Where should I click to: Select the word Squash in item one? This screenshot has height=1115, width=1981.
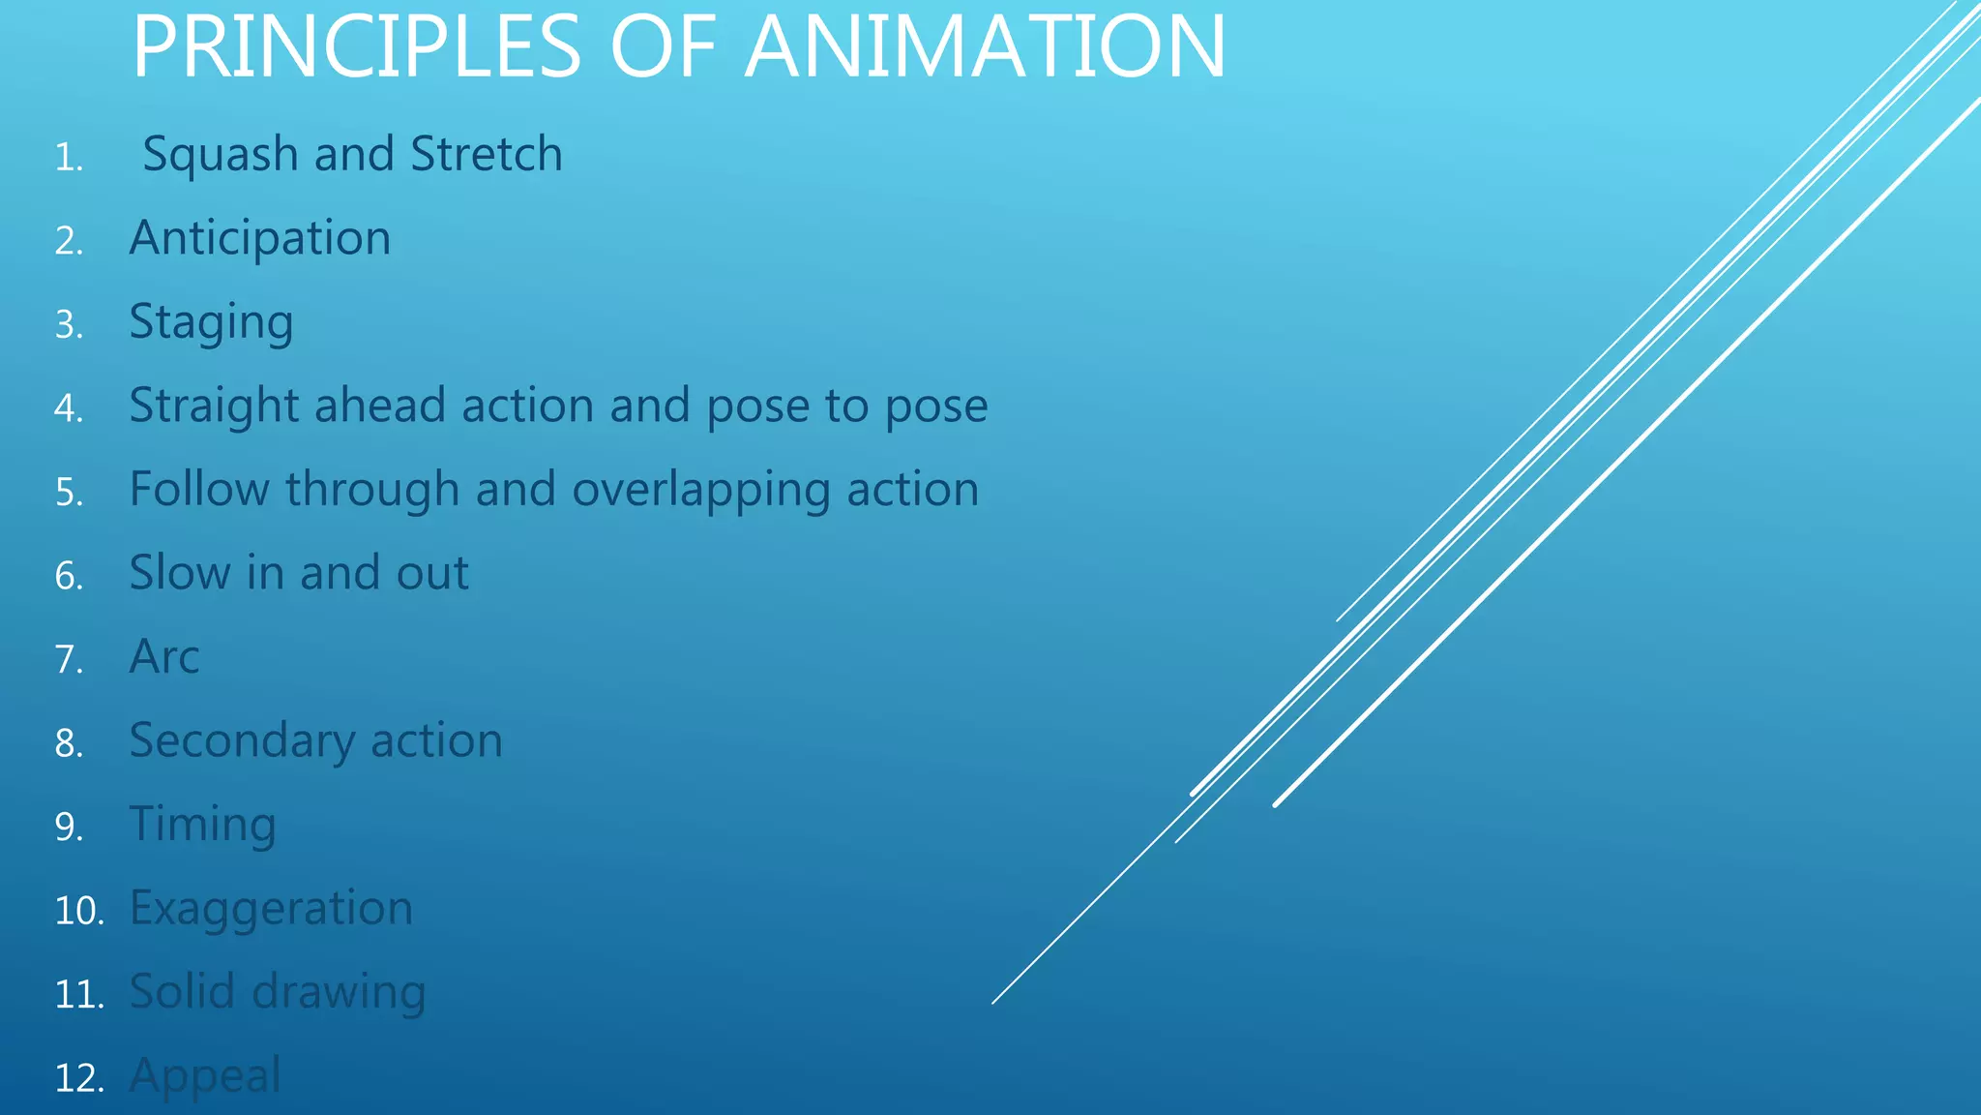(221, 155)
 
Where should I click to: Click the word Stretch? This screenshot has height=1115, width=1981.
(487, 154)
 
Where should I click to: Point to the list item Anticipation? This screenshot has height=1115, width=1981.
(260, 238)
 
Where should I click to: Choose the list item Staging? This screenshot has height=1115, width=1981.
(211, 322)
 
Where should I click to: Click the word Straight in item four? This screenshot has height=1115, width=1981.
(214, 406)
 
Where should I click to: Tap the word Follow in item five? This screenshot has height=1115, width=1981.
(199, 489)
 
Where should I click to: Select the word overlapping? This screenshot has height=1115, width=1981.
(701, 490)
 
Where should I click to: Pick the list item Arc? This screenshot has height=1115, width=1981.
(164, 657)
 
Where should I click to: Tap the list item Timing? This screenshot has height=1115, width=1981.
(203, 825)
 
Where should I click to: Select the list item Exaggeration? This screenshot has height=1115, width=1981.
(271, 909)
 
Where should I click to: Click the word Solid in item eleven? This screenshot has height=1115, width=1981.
(182, 991)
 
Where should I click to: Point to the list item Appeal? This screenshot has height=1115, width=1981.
(205, 1076)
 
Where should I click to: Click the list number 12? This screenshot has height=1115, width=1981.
(77, 1078)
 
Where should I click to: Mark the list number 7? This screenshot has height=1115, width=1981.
(69, 659)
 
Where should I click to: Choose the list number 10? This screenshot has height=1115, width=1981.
(78, 911)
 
